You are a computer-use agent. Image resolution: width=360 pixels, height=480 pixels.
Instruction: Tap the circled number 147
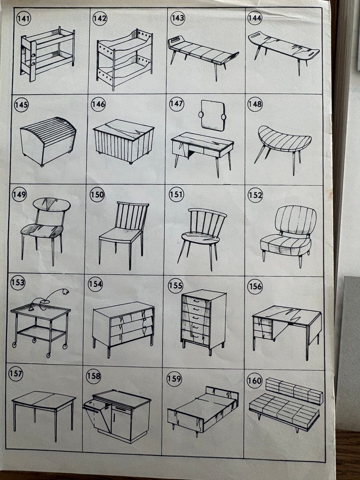click(x=177, y=103)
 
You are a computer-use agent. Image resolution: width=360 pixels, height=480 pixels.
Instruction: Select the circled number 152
click(x=255, y=195)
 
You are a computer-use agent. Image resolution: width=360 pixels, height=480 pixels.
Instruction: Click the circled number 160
click(x=254, y=381)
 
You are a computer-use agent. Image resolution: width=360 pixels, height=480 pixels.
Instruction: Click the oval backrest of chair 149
click(x=52, y=204)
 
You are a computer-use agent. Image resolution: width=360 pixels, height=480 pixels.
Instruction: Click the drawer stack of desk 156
click(x=262, y=330)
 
